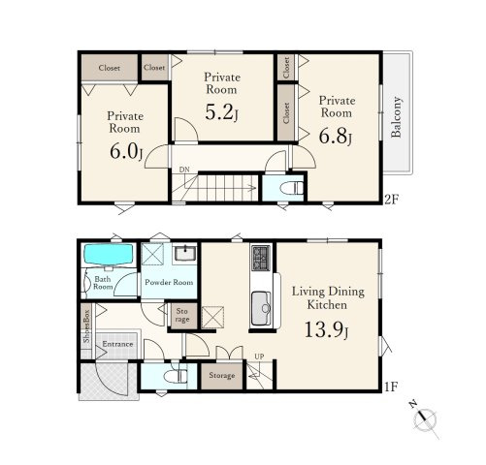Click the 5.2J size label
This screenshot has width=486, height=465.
(x=222, y=112)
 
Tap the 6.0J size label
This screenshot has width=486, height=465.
(x=126, y=151)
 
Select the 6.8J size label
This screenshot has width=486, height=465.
(x=336, y=136)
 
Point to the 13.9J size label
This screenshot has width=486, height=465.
(x=327, y=330)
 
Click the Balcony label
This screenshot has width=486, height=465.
(x=396, y=116)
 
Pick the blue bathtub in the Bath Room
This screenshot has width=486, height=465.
(x=109, y=254)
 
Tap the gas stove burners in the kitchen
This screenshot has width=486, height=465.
(x=261, y=258)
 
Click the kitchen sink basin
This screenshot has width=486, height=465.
(x=261, y=308)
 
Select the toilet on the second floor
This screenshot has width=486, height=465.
(x=291, y=188)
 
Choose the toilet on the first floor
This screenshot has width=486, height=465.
(x=176, y=376)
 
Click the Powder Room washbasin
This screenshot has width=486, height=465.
(x=185, y=253)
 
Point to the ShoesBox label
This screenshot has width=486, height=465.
(x=86, y=326)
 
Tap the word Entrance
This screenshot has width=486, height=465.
(x=117, y=344)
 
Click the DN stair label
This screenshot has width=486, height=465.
(x=184, y=170)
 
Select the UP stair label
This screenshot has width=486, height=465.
(x=259, y=356)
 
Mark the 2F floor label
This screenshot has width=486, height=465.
(x=391, y=200)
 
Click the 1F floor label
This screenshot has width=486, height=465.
(x=391, y=387)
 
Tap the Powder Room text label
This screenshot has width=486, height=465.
(x=169, y=282)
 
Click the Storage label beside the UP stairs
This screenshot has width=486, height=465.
(x=222, y=375)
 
